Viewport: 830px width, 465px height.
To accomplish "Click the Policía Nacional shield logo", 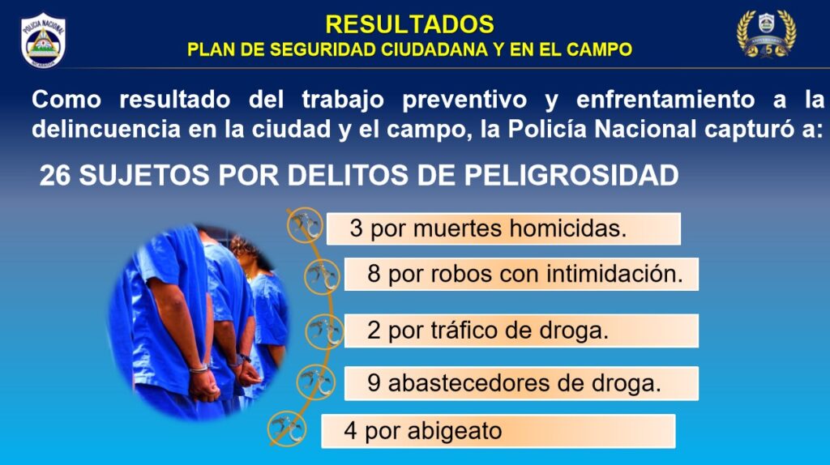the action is (x=44, y=41).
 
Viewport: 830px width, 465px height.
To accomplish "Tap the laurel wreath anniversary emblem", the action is (x=767, y=34).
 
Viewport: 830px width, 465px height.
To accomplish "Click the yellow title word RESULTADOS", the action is (x=409, y=24).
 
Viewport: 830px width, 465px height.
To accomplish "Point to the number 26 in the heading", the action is (x=55, y=175).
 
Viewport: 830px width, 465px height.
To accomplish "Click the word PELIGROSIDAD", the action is (x=571, y=175).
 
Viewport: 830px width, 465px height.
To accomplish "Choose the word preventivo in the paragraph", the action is (x=464, y=100).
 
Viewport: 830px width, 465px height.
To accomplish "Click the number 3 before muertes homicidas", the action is (x=357, y=228).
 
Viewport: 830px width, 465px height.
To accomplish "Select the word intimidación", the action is (x=614, y=274).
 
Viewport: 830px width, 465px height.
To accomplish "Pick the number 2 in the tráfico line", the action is (x=374, y=331).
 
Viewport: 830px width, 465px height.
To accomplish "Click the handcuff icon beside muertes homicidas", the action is (x=305, y=225).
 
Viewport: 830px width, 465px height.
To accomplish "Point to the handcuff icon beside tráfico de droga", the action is (x=324, y=331).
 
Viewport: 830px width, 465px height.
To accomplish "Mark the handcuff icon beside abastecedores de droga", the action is (x=316, y=382).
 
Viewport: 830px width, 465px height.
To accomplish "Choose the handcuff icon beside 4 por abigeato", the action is (x=287, y=428).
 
